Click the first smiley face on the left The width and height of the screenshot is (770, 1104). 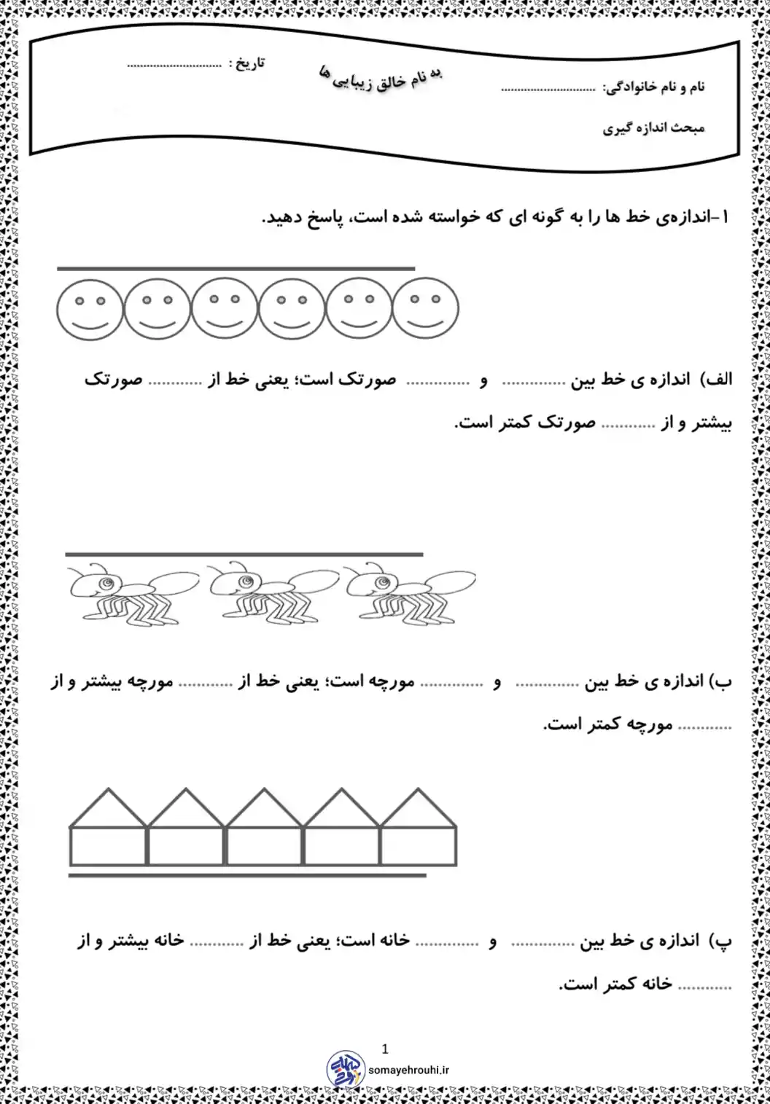pos(90,309)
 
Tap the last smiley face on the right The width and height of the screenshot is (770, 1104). pos(426,309)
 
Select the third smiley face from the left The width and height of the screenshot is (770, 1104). pos(225,309)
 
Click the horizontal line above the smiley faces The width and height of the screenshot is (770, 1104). pos(236,269)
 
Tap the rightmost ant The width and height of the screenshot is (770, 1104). pos(408,592)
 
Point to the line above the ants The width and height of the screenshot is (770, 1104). pos(244,555)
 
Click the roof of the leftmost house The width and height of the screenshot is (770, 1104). pos(108,809)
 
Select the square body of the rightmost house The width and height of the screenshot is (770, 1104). pos(419,846)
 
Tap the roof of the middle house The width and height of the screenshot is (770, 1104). pos(263,809)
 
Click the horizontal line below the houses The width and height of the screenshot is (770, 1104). pos(246,875)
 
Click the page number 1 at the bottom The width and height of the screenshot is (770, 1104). pos(385,1049)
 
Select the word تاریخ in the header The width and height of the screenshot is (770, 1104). pos(248,63)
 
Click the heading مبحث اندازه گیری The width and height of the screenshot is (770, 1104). pos(653,128)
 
